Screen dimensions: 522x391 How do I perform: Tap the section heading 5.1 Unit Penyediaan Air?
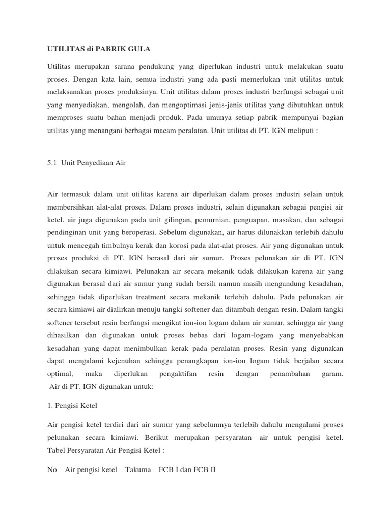[86, 163]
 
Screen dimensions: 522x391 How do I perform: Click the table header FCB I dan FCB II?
[187, 469]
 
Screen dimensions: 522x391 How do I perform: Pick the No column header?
[52, 469]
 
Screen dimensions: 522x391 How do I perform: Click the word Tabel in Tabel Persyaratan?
[56, 451]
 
